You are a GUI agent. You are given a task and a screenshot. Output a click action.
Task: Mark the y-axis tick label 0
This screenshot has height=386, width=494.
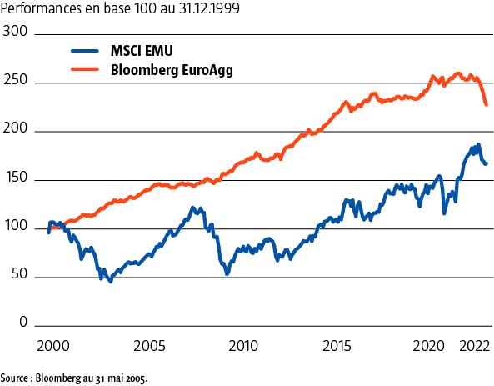pyautogui.click(x=23, y=324)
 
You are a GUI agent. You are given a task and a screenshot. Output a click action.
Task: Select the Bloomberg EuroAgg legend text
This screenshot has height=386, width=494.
pyautogui.click(x=171, y=71)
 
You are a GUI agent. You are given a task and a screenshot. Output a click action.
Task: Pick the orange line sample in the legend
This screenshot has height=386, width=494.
pyautogui.click(x=86, y=71)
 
